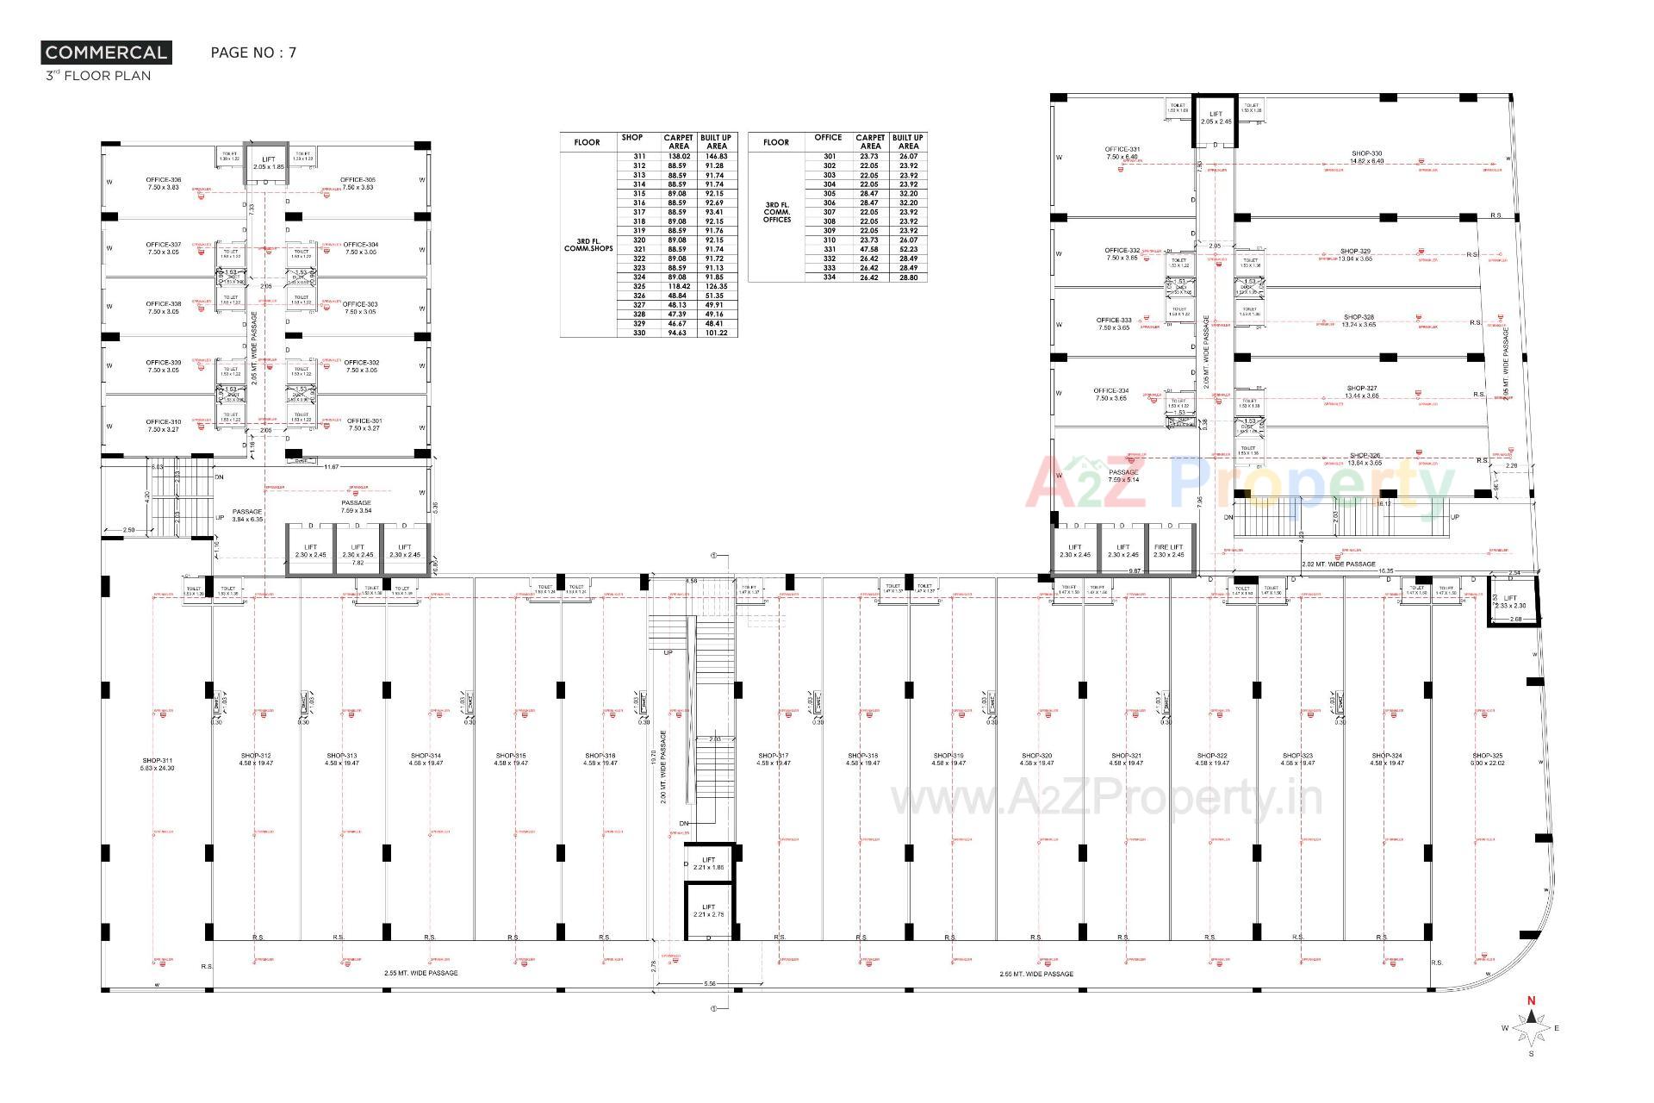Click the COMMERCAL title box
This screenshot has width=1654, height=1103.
click(106, 53)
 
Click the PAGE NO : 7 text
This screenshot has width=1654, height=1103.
click(253, 53)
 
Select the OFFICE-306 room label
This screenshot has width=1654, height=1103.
click(163, 184)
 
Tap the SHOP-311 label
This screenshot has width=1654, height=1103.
click(158, 764)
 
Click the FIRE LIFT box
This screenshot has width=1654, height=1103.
click(1168, 551)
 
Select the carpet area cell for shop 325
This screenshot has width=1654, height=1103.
click(678, 287)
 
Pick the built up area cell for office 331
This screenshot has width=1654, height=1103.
click(908, 249)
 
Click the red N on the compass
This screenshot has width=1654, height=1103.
click(1531, 1001)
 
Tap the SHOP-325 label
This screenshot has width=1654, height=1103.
click(1488, 759)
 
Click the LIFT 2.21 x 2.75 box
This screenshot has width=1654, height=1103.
click(708, 911)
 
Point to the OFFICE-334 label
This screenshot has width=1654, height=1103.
click(1110, 395)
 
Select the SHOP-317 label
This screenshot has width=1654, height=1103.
click(773, 759)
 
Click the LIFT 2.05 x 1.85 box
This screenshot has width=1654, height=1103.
click(269, 163)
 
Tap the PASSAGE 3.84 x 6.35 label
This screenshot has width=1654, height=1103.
click(247, 515)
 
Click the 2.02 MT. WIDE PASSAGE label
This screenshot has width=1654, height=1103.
click(1338, 564)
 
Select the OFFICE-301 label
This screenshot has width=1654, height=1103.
click(364, 425)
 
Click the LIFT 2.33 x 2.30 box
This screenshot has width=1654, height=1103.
click(1510, 601)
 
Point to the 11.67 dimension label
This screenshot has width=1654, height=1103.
click(331, 467)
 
